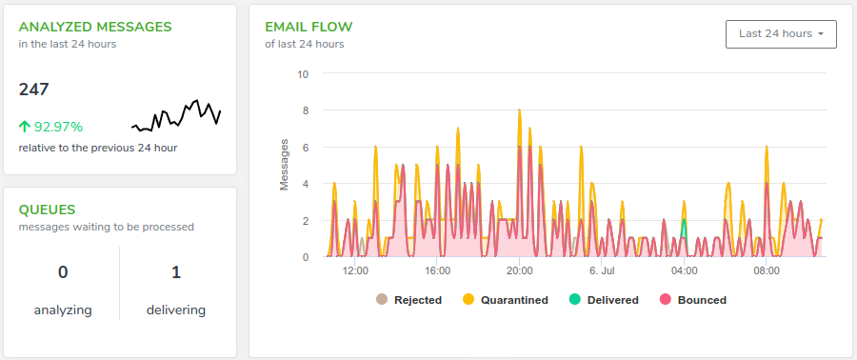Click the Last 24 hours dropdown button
781,34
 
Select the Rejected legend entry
409,300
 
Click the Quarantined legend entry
506,300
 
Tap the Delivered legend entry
604,300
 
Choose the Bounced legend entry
693,300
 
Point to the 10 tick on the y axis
302,73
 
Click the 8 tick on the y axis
305,110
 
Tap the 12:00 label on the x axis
355,270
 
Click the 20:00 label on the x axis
520,270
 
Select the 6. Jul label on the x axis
602,270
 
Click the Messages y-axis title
284,165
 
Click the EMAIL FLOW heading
309,27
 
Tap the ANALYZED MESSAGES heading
95,27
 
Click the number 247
34,90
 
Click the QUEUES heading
47,210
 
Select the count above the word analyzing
63,272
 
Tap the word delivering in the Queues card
176,310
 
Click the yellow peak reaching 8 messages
519,110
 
